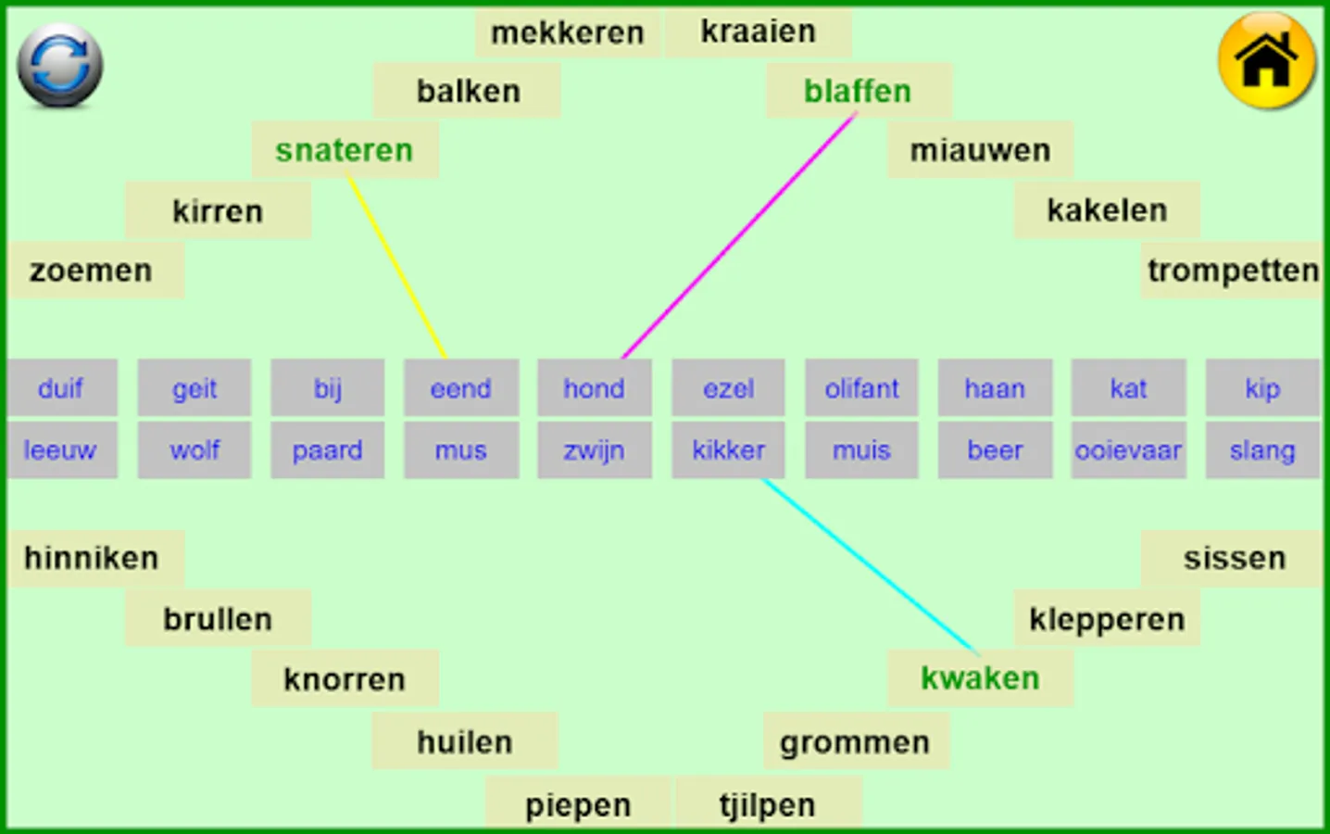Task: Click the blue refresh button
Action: pyautogui.click(x=60, y=66)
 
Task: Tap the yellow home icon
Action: pyautogui.click(x=1266, y=61)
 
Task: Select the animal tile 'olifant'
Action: pyautogui.click(x=861, y=388)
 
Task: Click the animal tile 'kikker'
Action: pyautogui.click(x=729, y=450)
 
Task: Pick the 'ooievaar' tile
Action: pyautogui.click(x=1128, y=450)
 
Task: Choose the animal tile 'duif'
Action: pyautogui.click(x=61, y=388)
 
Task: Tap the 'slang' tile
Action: pyautogui.click(x=1262, y=450)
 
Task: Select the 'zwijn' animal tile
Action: pyautogui.click(x=595, y=450)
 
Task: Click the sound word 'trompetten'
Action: pyautogui.click(x=1233, y=271)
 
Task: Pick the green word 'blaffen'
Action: pyautogui.click(x=858, y=91)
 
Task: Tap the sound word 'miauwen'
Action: pyautogui.click(x=980, y=150)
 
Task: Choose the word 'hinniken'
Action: pyautogui.click(x=92, y=559)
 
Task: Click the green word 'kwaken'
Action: pyautogui.click(x=980, y=677)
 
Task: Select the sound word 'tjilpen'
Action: pyautogui.click(x=767, y=806)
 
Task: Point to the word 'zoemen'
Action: pyautogui.click(x=91, y=271)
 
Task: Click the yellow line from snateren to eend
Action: pyautogui.click(x=396, y=266)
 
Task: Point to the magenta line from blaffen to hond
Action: pyautogui.click(x=739, y=235)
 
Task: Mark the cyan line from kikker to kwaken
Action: pyautogui.click(x=870, y=565)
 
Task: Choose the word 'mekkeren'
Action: pyautogui.click(x=568, y=32)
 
